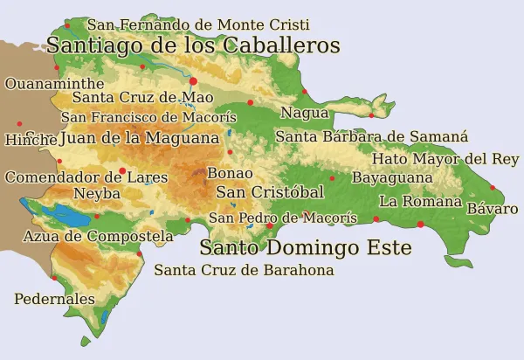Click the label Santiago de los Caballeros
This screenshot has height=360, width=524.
[x=192, y=45]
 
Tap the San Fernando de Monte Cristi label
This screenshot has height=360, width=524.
[x=197, y=25]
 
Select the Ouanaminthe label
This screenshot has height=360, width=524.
[x=48, y=84]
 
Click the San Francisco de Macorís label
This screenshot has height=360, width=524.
[x=148, y=117]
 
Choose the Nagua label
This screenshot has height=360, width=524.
[x=304, y=113]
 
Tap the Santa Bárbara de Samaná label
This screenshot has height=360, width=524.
[x=371, y=136]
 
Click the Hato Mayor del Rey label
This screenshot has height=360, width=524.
[x=445, y=159]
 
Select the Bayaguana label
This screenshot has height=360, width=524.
[x=392, y=177]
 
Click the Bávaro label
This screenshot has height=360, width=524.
[x=493, y=209]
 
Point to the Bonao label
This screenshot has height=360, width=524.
[x=230, y=173]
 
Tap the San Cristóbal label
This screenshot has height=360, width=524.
[x=270, y=192]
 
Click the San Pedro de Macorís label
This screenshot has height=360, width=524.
[x=282, y=218]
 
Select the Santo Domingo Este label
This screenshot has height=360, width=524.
[x=305, y=248]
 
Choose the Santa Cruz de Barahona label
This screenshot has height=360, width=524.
[x=244, y=270]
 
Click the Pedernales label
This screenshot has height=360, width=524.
[x=54, y=299]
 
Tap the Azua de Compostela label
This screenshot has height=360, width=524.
[x=98, y=236]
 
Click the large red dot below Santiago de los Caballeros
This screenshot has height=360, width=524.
[x=193, y=80]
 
